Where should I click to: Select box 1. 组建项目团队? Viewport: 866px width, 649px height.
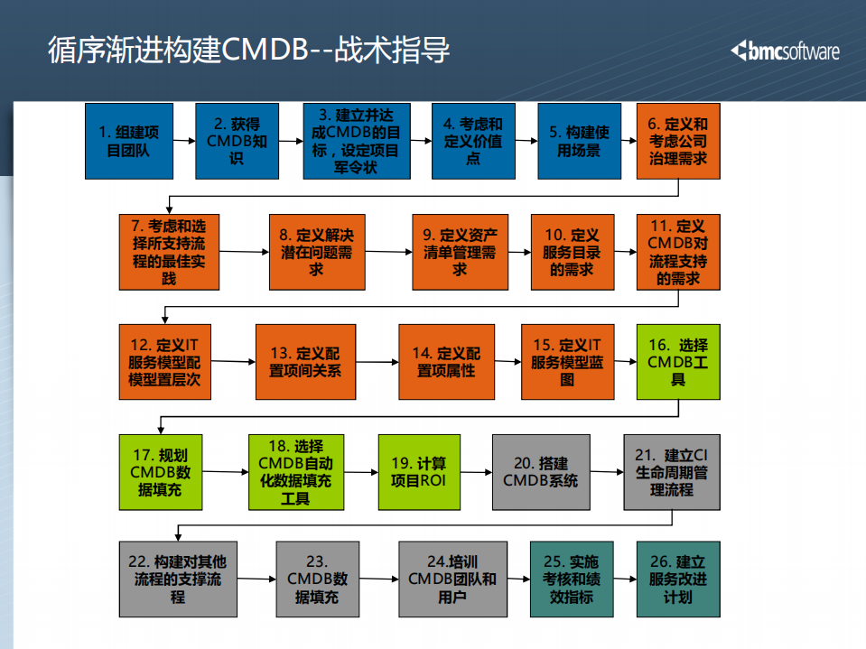127,141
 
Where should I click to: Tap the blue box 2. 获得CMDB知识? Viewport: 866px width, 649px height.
237,141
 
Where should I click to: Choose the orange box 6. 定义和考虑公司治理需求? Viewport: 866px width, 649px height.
678,141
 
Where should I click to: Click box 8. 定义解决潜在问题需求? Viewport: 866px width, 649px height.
315,252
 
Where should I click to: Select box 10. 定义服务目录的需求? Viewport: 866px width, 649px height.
572,252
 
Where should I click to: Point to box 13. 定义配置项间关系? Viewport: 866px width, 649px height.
304,362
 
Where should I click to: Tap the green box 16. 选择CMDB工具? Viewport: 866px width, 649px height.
678,362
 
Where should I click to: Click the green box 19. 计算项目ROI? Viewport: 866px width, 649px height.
418,472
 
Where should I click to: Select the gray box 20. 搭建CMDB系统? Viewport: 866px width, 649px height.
540,472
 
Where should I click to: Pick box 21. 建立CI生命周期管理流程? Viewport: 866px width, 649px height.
671,472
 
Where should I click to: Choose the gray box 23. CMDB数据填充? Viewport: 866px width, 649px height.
318,579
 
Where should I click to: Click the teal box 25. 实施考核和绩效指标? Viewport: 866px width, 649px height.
571,579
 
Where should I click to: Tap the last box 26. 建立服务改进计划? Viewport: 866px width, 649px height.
678,579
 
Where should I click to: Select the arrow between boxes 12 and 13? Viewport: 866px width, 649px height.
234,361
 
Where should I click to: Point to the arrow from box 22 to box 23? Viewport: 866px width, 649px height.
256,579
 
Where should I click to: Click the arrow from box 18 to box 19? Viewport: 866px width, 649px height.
361,471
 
